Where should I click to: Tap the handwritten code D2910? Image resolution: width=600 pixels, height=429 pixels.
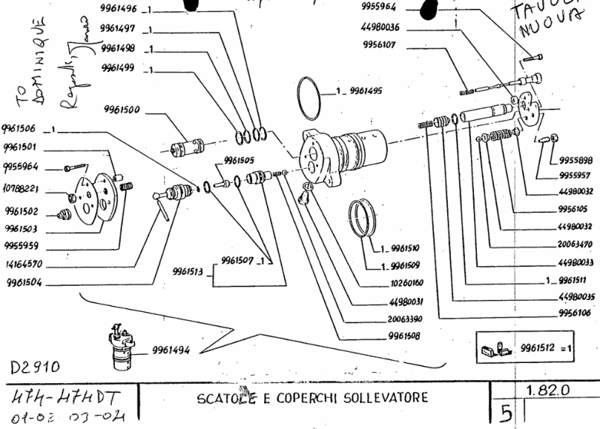34,369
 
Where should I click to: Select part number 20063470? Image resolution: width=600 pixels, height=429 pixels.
575,244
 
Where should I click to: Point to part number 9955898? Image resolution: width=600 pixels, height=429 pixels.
576,160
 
